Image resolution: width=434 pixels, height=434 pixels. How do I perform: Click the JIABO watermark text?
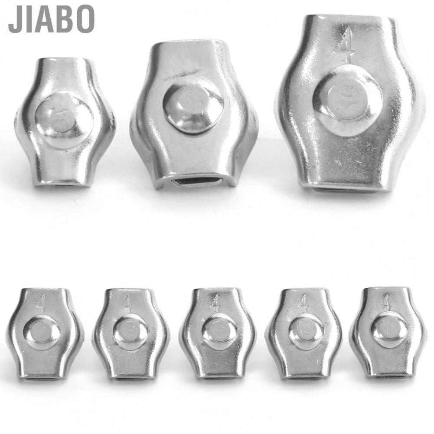click(51, 20)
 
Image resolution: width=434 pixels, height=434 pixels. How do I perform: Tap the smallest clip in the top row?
click(65, 121)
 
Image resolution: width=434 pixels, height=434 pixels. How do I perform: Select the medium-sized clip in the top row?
click(193, 115)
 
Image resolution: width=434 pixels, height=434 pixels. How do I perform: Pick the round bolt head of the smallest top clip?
click(64, 119)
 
